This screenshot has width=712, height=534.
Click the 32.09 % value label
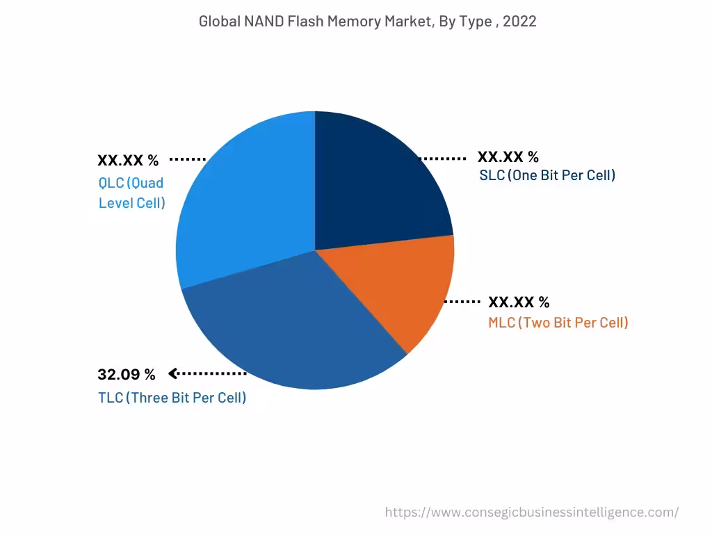(127, 375)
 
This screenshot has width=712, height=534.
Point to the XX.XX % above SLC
(508, 157)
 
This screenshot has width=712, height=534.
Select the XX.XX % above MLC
(519, 302)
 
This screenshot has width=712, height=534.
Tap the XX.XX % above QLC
(128, 161)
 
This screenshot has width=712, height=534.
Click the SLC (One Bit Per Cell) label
(547, 175)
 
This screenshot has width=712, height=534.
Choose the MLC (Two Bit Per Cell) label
(558, 323)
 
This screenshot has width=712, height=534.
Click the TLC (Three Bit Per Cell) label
(172, 398)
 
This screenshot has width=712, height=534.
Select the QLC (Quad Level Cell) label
(131, 193)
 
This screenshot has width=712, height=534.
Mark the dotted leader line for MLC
(462, 302)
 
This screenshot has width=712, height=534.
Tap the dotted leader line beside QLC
(188, 159)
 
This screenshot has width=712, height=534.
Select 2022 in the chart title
(519, 22)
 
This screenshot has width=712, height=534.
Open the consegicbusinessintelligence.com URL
(531, 512)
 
